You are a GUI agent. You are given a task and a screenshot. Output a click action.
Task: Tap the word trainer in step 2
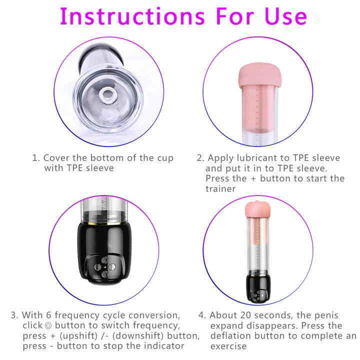coord(220,188)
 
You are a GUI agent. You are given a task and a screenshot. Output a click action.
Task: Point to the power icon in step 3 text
coord(48,325)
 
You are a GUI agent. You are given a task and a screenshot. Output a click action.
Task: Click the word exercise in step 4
coord(229,345)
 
